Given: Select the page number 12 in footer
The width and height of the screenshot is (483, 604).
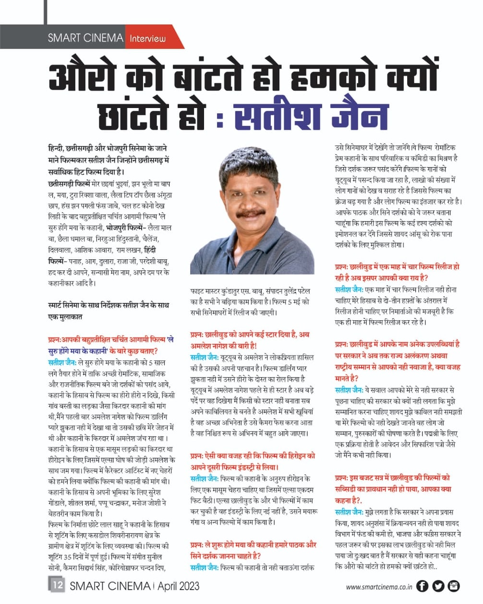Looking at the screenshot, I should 57,585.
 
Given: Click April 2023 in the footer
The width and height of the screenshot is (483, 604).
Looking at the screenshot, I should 178,586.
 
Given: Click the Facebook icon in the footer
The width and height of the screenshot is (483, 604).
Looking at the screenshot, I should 422,586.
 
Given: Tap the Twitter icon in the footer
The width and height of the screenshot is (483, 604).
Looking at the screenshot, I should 438,586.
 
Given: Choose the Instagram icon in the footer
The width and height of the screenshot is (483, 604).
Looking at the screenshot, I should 454,586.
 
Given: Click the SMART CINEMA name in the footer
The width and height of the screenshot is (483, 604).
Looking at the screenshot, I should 110,586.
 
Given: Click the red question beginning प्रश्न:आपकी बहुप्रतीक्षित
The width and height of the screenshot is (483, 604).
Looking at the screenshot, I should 111,345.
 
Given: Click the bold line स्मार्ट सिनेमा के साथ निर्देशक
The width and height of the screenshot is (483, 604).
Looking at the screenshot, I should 109,311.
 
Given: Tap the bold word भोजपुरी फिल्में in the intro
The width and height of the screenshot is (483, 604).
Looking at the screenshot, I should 124,228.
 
